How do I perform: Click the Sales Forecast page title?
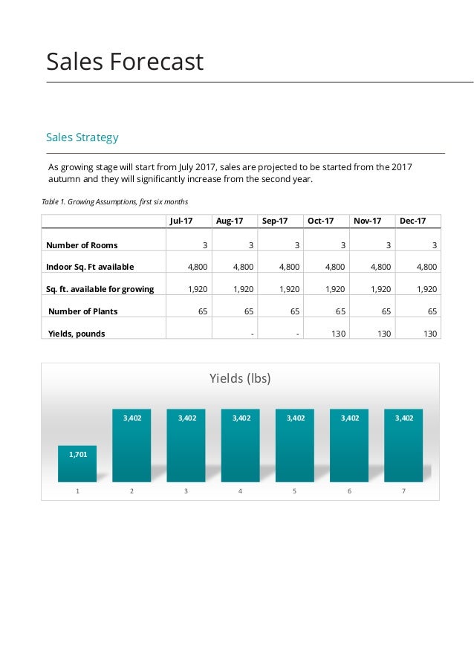[125, 62]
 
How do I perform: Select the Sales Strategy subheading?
[82, 137]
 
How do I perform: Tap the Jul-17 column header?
[181, 221]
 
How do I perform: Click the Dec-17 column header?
[412, 221]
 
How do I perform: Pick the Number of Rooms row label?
[82, 245]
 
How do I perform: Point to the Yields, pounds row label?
[77, 334]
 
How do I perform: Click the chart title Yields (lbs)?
[240, 378]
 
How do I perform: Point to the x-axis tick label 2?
[132, 491]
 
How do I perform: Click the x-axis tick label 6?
[349, 491]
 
